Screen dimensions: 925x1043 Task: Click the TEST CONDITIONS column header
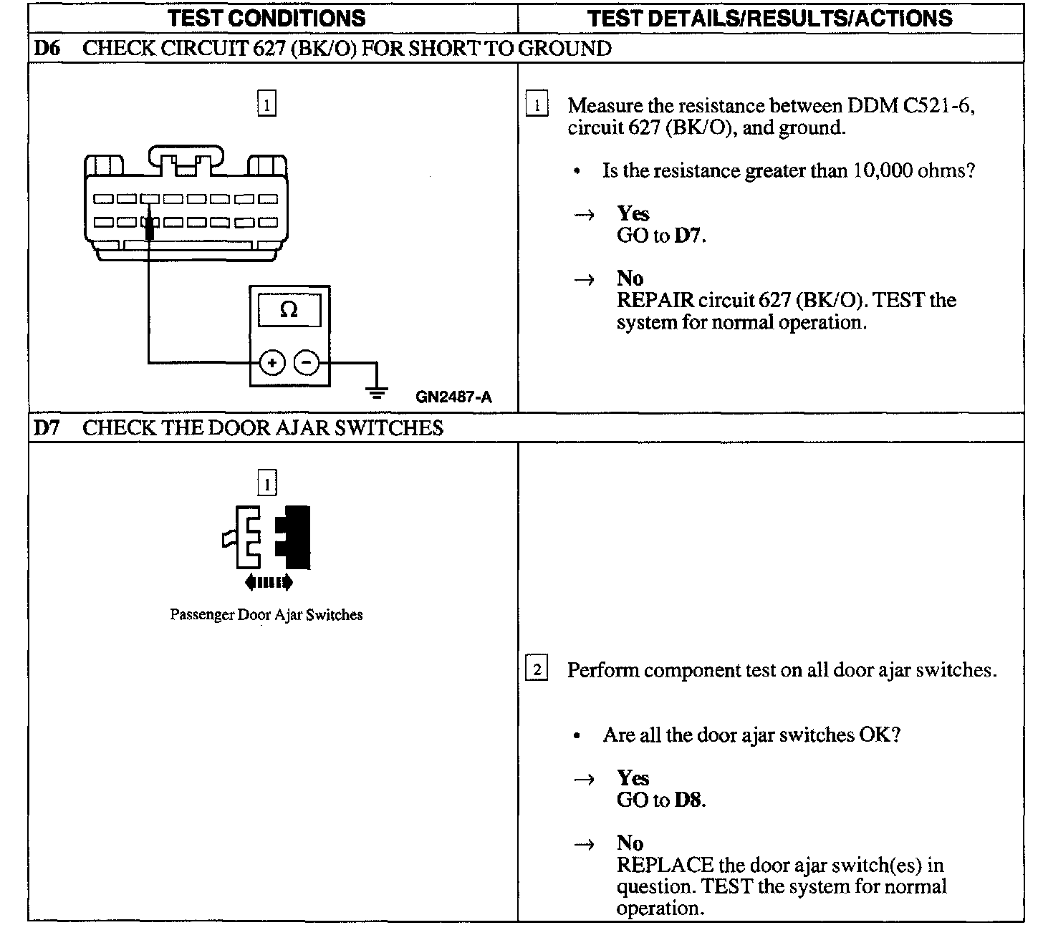(x=266, y=18)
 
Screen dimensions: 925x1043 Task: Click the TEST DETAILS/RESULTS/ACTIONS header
(x=769, y=18)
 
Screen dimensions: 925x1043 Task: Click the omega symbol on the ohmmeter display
(x=289, y=310)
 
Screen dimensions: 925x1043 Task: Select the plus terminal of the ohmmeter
(x=271, y=363)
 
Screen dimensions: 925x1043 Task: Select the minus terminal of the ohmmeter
(x=307, y=363)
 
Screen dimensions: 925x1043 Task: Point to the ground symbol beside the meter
(x=377, y=390)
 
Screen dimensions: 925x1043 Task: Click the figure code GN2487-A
(x=453, y=397)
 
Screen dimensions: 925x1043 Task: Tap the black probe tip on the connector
(x=149, y=228)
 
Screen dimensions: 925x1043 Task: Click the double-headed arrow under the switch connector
(x=268, y=583)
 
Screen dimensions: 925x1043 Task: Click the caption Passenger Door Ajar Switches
(x=266, y=615)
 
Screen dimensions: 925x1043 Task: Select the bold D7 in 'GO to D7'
(x=688, y=236)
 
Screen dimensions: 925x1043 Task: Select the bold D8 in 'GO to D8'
(x=688, y=800)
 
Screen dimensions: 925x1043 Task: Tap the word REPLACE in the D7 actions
(x=664, y=865)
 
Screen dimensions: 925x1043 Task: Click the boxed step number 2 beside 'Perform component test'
(x=537, y=670)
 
